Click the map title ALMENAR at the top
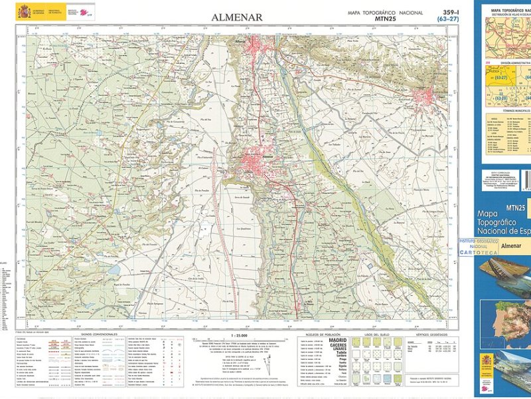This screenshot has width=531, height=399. coord(236,17)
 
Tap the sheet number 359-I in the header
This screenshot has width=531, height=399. coord(453,12)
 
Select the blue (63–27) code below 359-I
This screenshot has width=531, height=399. coord(448,20)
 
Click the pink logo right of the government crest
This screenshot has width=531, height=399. coord(85,12)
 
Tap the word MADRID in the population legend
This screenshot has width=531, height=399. coord(337,340)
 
